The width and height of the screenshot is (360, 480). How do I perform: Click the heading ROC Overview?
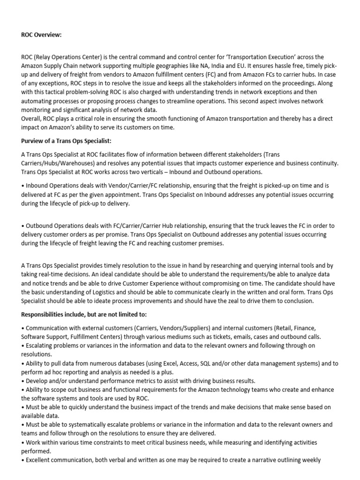(41, 35)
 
